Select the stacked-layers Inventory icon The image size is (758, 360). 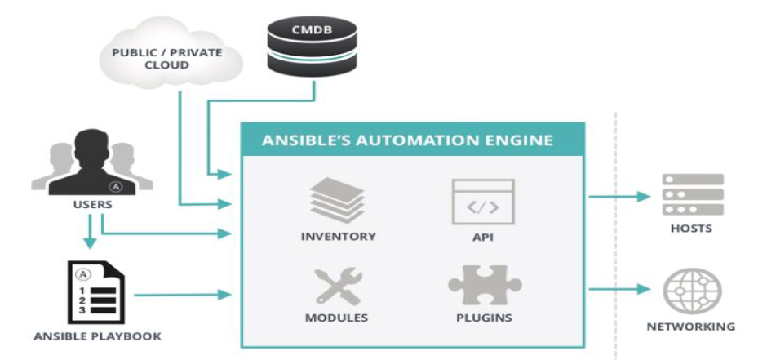(x=338, y=201)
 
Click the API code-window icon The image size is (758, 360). (x=482, y=202)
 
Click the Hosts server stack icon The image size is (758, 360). (x=692, y=194)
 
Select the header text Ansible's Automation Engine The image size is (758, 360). (x=407, y=140)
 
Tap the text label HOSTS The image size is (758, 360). (x=691, y=229)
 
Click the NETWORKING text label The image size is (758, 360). (x=691, y=327)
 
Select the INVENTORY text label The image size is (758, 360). (x=338, y=237)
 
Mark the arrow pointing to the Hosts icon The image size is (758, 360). (x=620, y=196)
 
